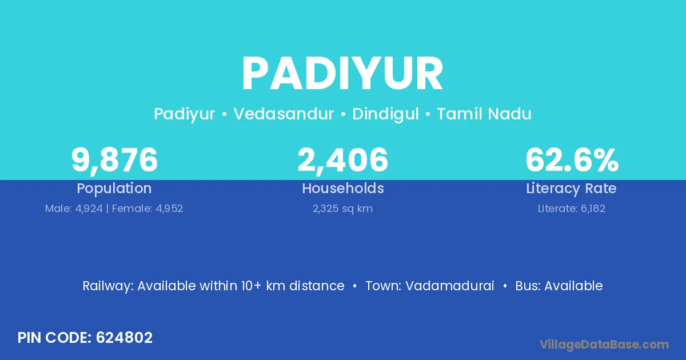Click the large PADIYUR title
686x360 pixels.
(x=342, y=74)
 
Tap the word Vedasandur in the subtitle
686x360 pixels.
(x=284, y=114)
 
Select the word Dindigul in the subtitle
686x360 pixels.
(x=385, y=114)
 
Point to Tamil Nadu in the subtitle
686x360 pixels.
(x=484, y=114)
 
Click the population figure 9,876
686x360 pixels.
(x=114, y=160)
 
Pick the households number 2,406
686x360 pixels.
(x=342, y=160)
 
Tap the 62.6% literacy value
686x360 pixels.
(x=572, y=160)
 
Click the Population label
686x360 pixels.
(x=114, y=189)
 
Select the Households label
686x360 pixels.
(x=342, y=188)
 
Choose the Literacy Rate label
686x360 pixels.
(x=571, y=189)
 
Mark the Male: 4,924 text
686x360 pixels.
(x=74, y=209)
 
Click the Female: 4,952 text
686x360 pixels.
(x=147, y=209)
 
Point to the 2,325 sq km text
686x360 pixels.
(x=342, y=209)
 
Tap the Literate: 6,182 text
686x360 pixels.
(x=572, y=209)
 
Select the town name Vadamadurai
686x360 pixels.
(x=449, y=286)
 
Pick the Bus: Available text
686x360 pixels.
(x=559, y=286)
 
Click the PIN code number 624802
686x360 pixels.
(x=124, y=338)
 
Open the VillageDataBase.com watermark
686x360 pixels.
(x=604, y=345)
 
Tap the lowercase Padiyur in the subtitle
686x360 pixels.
(x=184, y=114)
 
